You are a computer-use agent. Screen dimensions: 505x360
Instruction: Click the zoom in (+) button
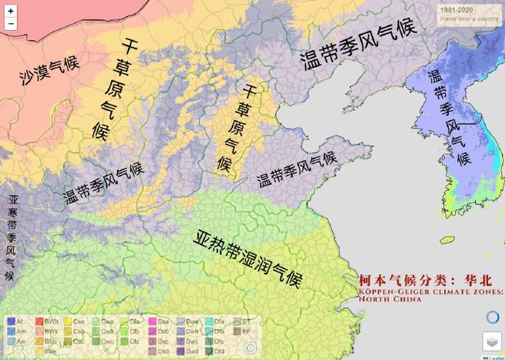click(11, 10)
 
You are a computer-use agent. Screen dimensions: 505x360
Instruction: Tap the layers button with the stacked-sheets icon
click(492, 341)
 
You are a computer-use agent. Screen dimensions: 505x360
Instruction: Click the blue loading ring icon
click(493, 317)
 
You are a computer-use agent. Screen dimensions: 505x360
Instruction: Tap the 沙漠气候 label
click(50, 74)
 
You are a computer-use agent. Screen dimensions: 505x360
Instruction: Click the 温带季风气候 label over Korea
click(449, 116)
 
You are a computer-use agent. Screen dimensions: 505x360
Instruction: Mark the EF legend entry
click(241, 330)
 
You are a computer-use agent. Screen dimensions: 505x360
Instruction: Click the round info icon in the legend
click(248, 347)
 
